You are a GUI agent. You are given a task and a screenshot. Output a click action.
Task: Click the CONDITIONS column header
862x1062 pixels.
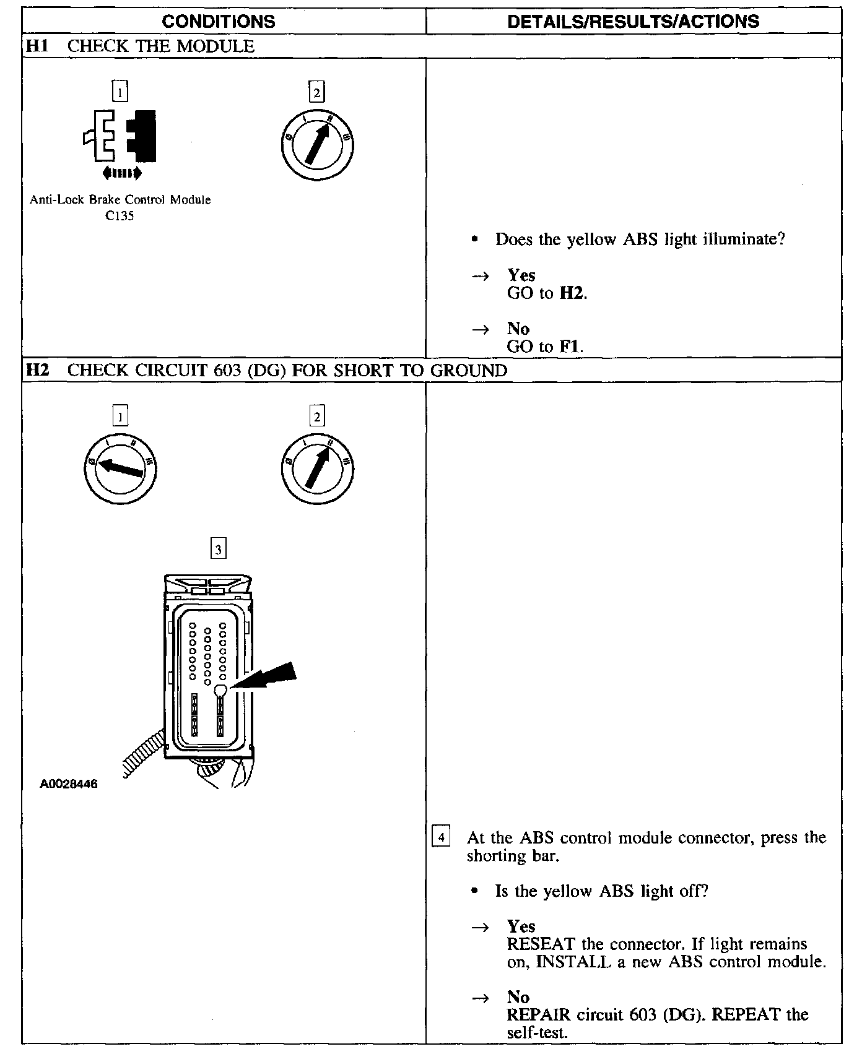tap(218, 22)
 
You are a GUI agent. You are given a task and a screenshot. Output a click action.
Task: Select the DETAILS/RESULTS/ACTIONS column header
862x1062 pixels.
tap(633, 22)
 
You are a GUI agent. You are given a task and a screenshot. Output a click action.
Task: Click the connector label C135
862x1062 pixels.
tap(120, 216)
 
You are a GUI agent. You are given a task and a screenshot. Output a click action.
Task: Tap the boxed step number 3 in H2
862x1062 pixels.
tap(218, 549)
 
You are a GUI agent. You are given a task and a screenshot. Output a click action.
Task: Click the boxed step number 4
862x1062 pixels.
tap(441, 838)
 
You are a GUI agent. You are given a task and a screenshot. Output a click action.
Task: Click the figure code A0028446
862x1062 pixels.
tap(69, 784)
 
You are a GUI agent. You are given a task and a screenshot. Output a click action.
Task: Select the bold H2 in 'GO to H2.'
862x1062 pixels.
tap(572, 293)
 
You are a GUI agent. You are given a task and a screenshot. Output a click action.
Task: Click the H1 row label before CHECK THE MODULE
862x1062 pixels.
tap(38, 46)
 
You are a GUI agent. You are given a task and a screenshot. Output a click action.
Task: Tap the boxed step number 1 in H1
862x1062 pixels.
tap(120, 92)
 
